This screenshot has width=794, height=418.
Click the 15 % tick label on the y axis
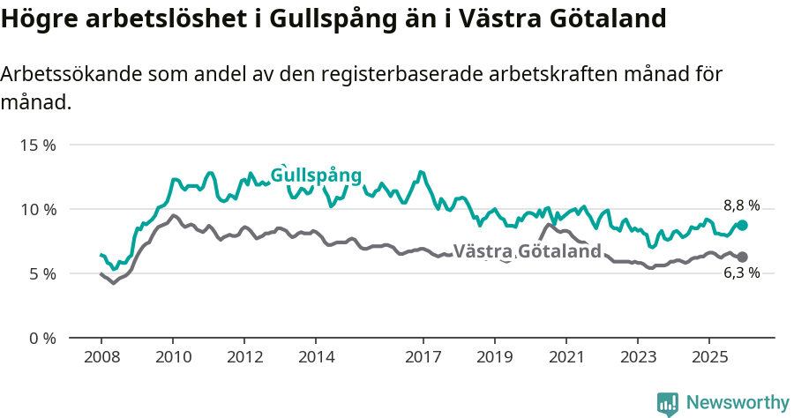click(38, 145)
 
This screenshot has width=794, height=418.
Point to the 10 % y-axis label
click(38, 209)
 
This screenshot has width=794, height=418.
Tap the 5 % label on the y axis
click(41, 273)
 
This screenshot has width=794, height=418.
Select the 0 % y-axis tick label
click(41, 338)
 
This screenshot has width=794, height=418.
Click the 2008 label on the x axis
click(101, 358)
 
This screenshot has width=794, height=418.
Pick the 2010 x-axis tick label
click(173, 358)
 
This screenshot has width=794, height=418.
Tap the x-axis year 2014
click(316, 358)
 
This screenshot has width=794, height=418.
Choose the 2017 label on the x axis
click(423, 358)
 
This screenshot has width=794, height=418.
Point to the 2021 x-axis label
click(566, 358)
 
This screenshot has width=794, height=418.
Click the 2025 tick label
click(708, 358)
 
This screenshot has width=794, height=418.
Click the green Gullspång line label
click(316, 175)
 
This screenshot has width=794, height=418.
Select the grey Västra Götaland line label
click(527, 251)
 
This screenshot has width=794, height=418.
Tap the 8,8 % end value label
click(741, 205)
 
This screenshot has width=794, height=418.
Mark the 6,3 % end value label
click(741, 273)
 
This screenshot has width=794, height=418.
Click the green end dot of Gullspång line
click(742, 225)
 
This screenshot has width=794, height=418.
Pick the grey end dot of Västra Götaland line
click(742, 257)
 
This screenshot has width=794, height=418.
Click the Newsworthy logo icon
click(668, 403)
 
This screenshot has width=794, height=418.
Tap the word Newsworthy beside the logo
click(738, 403)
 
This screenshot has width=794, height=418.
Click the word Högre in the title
click(34, 19)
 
